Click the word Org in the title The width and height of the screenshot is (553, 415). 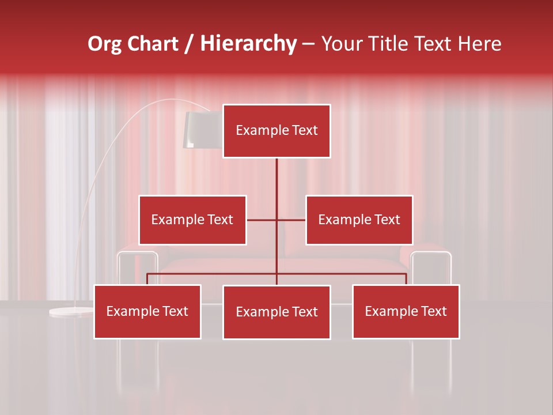tap(105, 44)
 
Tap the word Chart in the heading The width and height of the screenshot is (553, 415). tap(153, 44)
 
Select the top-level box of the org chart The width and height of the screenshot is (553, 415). tap(276, 131)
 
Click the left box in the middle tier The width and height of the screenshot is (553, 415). tap(192, 220)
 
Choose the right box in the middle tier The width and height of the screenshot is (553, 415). tap(359, 220)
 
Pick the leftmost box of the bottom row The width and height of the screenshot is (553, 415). tap(147, 311)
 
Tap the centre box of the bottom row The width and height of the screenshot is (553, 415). tap(276, 312)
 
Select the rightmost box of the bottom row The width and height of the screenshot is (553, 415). tap(406, 311)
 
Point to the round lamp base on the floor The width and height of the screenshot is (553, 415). tap(71, 312)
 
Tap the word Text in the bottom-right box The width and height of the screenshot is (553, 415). tap(434, 311)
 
